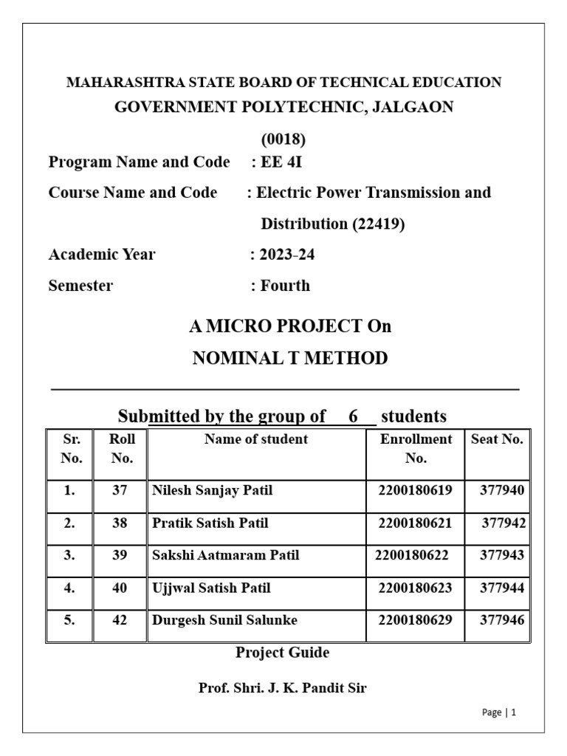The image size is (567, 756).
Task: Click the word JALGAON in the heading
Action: (413, 107)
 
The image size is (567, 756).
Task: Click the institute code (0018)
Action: (283, 139)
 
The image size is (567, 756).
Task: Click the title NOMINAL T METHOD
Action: (289, 359)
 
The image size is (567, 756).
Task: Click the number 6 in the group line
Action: (354, 416)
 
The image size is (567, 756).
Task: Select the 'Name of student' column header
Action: (256, 439)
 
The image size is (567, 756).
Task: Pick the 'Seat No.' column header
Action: (497, 439)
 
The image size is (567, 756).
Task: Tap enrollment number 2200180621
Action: (415, 523)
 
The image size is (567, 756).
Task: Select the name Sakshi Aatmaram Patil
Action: (225, 555)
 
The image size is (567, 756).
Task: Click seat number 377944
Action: (502, 588)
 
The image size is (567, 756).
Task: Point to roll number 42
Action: (120, 620)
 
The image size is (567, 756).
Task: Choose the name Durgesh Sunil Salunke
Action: (224, 620)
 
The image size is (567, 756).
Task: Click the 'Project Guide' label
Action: (282, 653)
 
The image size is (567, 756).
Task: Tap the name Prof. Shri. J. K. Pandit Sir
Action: (282, 688)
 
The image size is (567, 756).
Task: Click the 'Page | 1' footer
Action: (498, 712)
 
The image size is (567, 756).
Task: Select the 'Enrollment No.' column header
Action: (416, 448)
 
